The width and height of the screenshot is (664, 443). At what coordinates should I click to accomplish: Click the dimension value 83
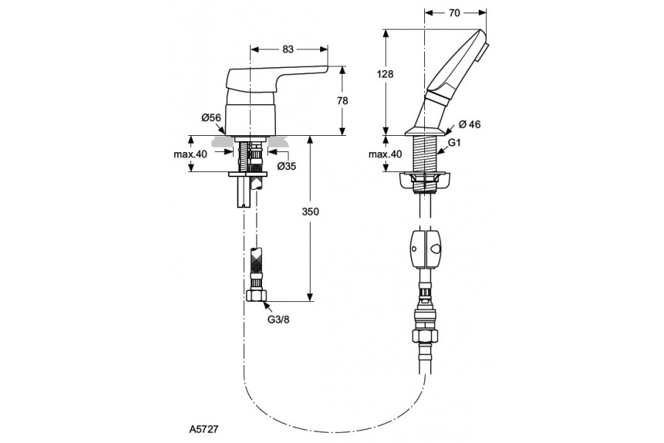coord(288,49)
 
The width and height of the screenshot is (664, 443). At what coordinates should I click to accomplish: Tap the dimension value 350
coord(310,211)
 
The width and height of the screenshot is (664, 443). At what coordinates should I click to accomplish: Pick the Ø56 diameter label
coord(211,117)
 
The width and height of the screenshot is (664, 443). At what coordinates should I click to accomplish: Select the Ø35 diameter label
coord(287,166)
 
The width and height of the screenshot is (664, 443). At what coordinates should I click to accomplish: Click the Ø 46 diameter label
coord(469,124)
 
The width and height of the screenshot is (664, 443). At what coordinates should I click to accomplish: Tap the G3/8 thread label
coord(277,320)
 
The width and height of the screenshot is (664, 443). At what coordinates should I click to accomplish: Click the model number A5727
coord(203,427)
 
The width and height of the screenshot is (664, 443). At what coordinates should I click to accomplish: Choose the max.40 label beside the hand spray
coord(385,154)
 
